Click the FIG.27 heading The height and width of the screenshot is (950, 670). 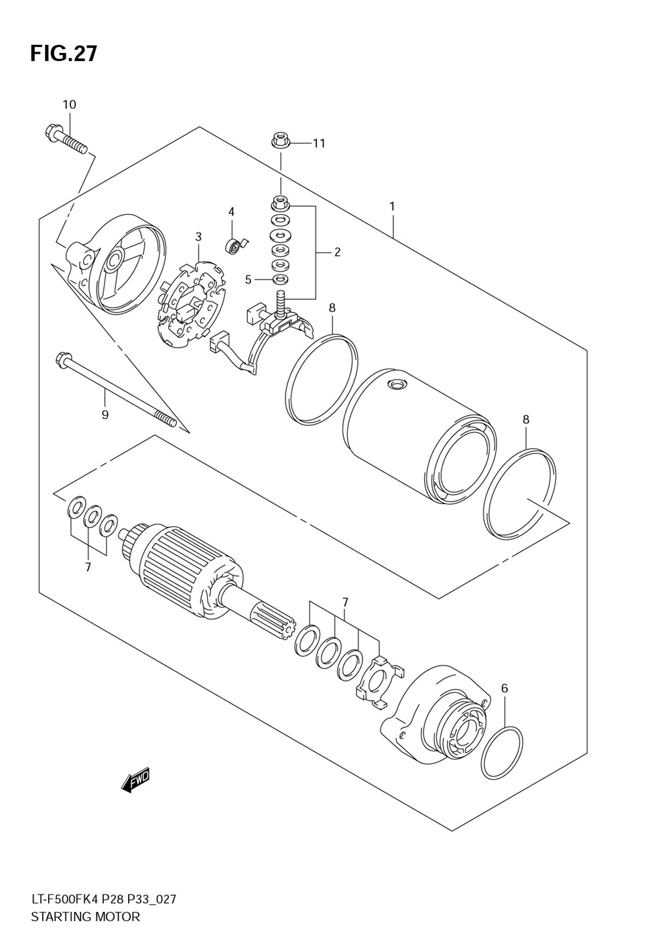pyautogui.click(x=64, y=54)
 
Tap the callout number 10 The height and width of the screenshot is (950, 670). pyautogui.click(x=69, y=104)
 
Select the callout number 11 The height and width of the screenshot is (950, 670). pyautogui.click(x=319, y=143)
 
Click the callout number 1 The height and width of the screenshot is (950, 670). pyautogui.click(x=392, y=207)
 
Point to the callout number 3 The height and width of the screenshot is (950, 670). pyautogui.click(x=198, y=236)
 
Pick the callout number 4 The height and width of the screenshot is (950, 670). pyautogui.click(x=231, y=211)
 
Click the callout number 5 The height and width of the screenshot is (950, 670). pyautogui.click(x=248, y=279)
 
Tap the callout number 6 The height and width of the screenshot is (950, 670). pyautogui.click(x=504, y=688)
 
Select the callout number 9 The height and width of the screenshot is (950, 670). pyautogui.click(x=105, y=414)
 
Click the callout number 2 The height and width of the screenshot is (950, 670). pyautogui.click(x=337, y=252)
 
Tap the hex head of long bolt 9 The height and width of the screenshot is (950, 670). pyautogui.click(x=61, y=360)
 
